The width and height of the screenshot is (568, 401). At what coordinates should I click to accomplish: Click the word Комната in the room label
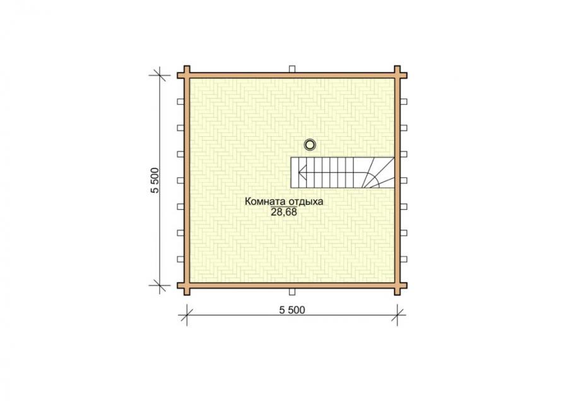[266, 202]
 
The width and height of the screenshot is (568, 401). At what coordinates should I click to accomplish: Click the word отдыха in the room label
[306, 202]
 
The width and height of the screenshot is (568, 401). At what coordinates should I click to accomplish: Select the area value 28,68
[283, 212]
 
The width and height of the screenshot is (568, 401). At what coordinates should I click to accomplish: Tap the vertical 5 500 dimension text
[155, 180]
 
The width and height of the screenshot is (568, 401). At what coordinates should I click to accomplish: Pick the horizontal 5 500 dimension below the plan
[292, 310]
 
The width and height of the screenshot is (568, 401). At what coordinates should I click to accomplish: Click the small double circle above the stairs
[310, 145]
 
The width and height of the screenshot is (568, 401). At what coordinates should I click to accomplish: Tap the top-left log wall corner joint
[187, 75]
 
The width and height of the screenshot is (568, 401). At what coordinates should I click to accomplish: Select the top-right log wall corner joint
[398, 75]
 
